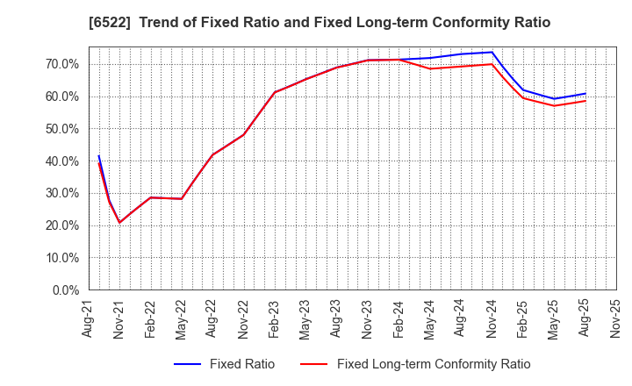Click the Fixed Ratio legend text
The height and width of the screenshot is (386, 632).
[241, 364]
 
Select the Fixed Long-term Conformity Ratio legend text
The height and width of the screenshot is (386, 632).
[434, 364]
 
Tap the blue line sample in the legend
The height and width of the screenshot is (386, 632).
[188, 364]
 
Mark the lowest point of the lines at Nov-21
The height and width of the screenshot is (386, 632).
[119, 223]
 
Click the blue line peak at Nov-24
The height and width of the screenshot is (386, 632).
[492, 52]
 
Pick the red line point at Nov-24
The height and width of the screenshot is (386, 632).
[492, 63]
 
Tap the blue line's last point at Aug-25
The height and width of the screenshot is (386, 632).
[585, 93]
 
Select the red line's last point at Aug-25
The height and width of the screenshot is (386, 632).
[585, 101]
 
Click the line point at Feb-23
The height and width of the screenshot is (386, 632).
[275, 92]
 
